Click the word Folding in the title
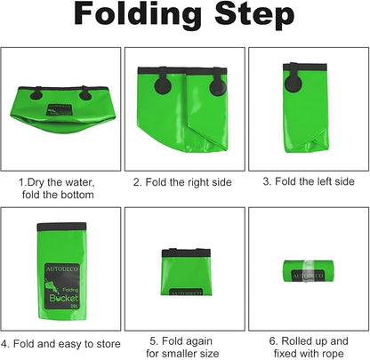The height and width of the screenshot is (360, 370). [138, 13]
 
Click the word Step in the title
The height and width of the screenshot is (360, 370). [254, 14]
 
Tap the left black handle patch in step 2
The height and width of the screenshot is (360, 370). [163, 82]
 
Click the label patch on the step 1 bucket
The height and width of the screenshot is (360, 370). [60, 109]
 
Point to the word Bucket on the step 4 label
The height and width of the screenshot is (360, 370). [63, 298]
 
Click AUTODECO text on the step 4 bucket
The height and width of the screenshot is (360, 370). [62, 268]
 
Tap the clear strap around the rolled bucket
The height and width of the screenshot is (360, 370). [309, 271]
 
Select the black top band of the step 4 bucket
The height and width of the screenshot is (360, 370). [61, 228]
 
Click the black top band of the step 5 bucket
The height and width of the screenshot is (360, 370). [186, 252]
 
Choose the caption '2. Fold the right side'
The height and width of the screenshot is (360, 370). [182, 182]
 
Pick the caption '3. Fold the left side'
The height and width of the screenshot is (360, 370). [309, 181]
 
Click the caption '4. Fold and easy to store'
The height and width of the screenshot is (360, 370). [60, 344]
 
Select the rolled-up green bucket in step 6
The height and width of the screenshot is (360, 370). [309, 271]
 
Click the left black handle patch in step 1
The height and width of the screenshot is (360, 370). [36, 93]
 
